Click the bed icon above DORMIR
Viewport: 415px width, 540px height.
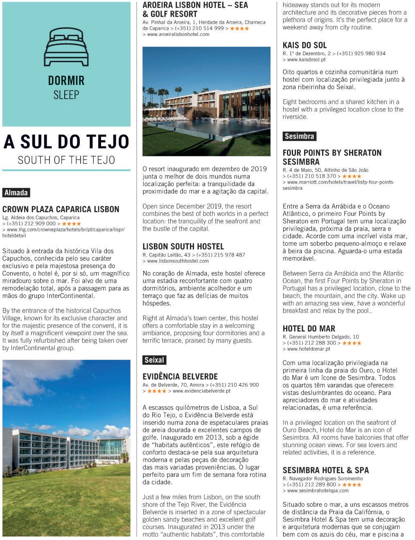pos(66,47)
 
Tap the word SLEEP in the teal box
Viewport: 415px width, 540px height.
pos(66,95)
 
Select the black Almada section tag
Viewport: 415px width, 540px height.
pos(16,193)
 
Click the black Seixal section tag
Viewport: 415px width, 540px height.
pos(154,360)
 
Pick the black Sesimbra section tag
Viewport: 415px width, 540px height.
pos(299,136)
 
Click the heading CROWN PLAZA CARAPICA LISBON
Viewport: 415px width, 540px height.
pos(61,209)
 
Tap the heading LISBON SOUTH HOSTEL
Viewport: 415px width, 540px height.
pos(183,246)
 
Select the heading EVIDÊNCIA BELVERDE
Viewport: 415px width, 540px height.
pos(180,376)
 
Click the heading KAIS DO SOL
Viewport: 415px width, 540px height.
pos(304,45)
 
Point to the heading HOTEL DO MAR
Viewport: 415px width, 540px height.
pos(309,328)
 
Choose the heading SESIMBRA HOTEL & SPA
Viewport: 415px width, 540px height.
pos(326,470)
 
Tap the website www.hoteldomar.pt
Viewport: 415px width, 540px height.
pos(308,349)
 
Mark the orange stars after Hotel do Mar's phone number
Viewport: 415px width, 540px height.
pos(352,343)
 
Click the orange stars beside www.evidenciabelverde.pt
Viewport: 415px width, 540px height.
pos(157,391)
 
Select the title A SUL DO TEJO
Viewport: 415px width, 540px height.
pos(66,142)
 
